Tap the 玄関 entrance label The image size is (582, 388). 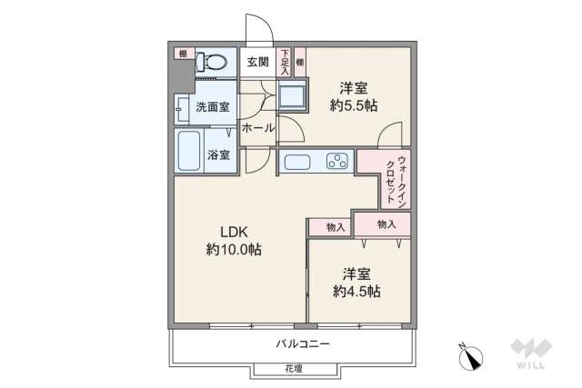(257, 62)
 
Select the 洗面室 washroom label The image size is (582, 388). (212, 107)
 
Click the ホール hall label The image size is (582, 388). (258, 129)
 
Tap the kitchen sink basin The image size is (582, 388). (298, 163)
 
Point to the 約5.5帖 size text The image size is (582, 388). (356, 104)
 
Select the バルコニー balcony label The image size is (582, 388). (303, 344)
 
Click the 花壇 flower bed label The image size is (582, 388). (293, 369)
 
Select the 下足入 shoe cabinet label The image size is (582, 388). (285, 61)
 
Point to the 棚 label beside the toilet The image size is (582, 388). (183, 54)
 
